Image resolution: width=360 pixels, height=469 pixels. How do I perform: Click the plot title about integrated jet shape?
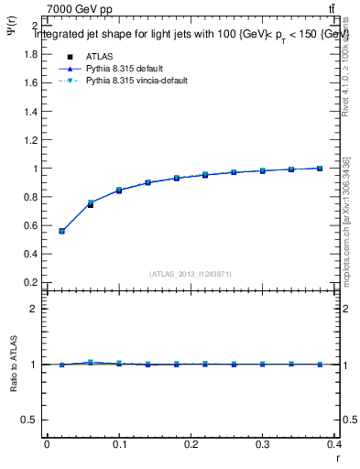click(x=191, y=34)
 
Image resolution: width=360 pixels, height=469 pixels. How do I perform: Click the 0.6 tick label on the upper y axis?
click(x=31, y=226)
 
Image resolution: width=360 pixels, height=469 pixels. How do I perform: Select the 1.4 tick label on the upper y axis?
click(x=31, y=112)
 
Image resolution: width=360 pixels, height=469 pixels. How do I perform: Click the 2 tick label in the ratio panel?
click(x=34, y=309)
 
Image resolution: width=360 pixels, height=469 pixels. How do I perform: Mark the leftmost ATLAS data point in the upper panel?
click(x=61, y=231)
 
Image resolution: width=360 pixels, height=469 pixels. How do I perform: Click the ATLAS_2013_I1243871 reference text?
click(x=191, y=274)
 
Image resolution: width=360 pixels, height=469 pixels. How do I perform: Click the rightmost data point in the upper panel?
click(x=320, y=169)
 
